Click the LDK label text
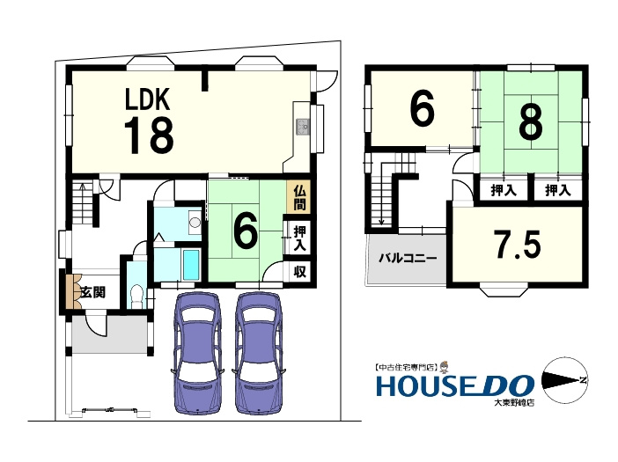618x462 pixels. click(147, 99)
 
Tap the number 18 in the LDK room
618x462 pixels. click(149, 136)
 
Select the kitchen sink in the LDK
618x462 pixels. click(303, 127)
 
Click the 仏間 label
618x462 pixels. click(299, 198)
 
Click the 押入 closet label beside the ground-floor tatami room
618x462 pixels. click(299, 238)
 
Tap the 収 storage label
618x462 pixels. click(299, 272)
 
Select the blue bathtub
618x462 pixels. click(191, 264)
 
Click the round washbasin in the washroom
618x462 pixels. click(195, 222)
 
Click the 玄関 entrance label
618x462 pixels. click(93, 292)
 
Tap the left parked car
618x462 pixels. click(196, 353)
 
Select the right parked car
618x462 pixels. click(258, 353)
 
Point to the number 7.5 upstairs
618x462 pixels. click(518, 244)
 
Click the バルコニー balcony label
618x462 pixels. click(408, 259)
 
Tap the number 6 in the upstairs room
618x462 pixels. click(422, 109)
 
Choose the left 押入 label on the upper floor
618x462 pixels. click(504, 191)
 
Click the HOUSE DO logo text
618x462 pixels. click(455, 385)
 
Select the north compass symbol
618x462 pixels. click(565, 380)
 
